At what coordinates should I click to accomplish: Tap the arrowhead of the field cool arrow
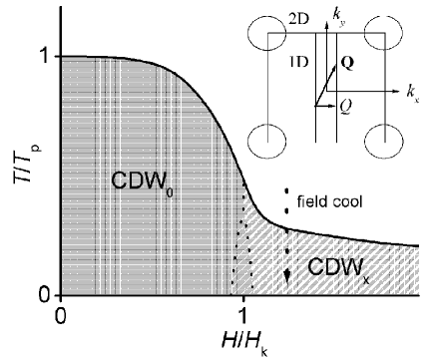point(287,280)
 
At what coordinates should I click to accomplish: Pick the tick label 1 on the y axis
point(43,57)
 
